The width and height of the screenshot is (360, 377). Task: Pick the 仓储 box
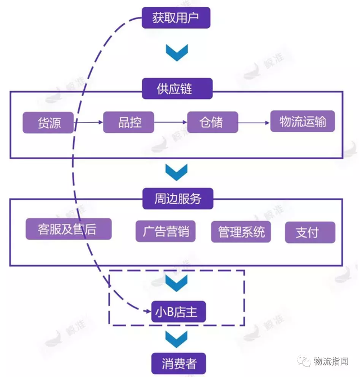(x=212, y=122)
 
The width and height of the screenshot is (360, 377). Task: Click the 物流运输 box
(x=303, y=121)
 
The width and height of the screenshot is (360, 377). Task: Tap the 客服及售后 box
(x=69, y=228)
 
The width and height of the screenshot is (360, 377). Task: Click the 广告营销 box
(x=165, y=231)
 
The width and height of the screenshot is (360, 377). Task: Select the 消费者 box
(x=178, y=363)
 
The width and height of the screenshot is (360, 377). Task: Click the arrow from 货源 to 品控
(x=89, y=122)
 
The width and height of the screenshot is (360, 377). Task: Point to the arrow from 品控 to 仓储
(x=170, y=122)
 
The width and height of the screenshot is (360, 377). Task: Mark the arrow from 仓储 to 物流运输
(x=254, y=122)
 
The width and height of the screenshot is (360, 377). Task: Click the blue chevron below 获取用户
(x=176, y=53)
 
